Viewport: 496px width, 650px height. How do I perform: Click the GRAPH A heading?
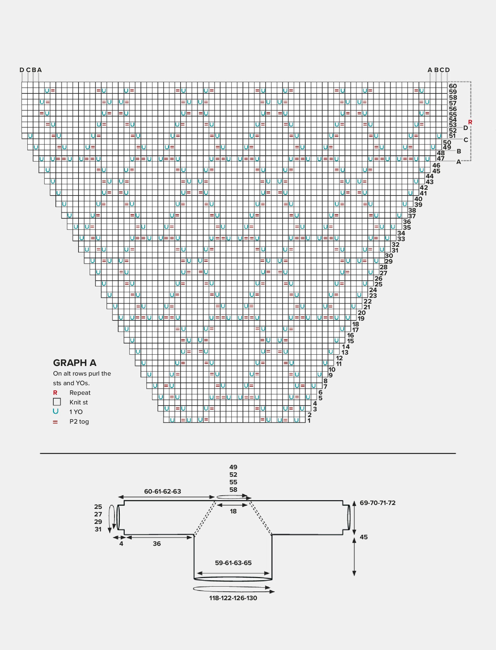tap(75, 363)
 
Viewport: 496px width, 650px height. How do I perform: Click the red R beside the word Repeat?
tap(55, 393)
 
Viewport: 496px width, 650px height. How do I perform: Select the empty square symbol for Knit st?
tap(57, 402)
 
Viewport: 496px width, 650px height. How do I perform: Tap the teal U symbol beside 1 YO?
tap(55, 411)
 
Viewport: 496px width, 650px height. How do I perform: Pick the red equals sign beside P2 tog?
tap(55, 422)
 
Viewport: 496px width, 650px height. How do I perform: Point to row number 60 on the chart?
tap(453, 86)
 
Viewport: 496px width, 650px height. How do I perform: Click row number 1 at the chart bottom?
tap(309, 421)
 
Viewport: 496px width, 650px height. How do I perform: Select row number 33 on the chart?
tap(401, 239)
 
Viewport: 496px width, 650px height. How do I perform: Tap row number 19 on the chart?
tap(361, 318)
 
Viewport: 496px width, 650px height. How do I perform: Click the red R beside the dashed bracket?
tap(470, 122)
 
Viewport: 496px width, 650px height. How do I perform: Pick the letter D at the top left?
tap(22, 70)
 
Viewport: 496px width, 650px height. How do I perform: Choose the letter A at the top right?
tap(430, 70)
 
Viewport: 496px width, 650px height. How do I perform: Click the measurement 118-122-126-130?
tap(233, 598)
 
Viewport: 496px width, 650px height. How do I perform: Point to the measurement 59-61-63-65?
tap(233, 563)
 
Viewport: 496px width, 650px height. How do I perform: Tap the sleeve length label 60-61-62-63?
tap(163, 491)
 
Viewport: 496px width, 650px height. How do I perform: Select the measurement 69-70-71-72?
tap(378, 503)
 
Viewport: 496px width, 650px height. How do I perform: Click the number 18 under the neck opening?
tap(233, 511)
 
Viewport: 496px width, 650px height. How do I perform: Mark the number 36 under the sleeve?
tap(157, 543)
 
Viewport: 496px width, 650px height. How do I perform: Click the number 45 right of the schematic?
tap(364, 537)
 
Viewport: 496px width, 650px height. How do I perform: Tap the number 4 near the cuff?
tap(121, 543)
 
